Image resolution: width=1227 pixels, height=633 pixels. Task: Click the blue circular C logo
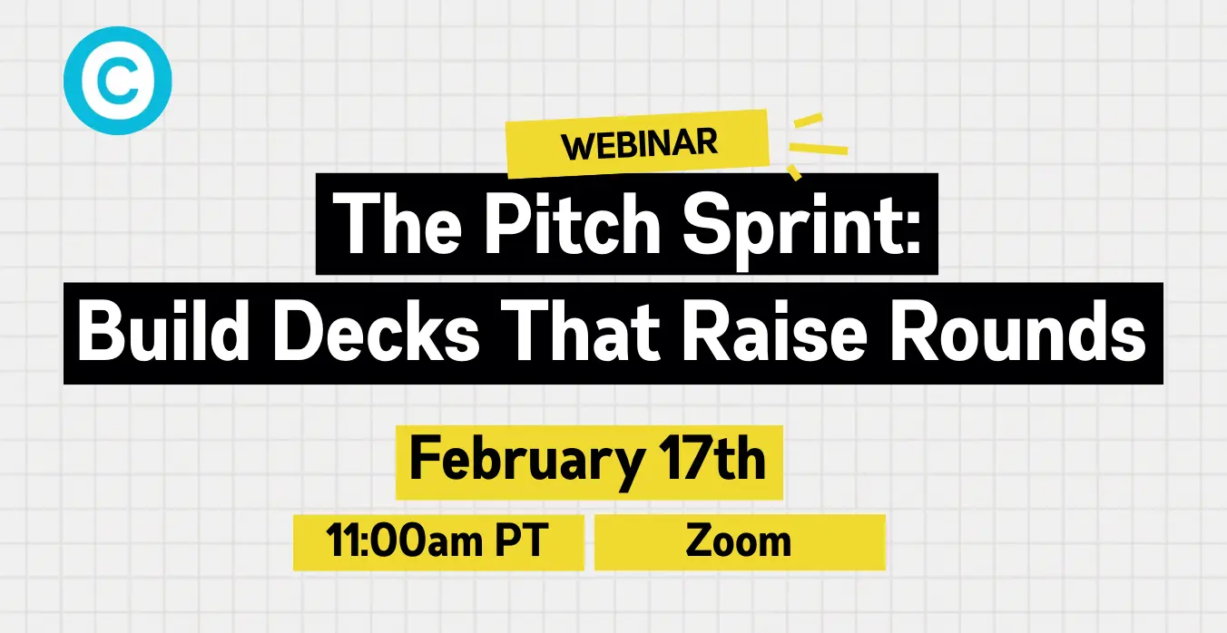(118, 81)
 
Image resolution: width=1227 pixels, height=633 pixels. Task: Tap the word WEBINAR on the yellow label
(639, 144)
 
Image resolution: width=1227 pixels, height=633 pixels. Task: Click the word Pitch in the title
(573, 224)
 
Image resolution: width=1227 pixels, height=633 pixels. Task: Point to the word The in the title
(398, 224)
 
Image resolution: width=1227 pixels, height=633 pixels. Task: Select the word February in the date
(526, 461)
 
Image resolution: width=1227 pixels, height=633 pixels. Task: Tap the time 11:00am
(404, 540)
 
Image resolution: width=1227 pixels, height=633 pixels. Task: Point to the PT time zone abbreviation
(522, 540)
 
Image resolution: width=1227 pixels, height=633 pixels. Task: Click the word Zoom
(739, 541)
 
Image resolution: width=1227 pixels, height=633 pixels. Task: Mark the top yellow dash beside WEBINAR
(809, 121)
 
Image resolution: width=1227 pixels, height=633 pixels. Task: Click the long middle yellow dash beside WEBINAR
(819, 149)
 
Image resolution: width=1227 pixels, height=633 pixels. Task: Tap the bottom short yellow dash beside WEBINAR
(794, 172)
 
